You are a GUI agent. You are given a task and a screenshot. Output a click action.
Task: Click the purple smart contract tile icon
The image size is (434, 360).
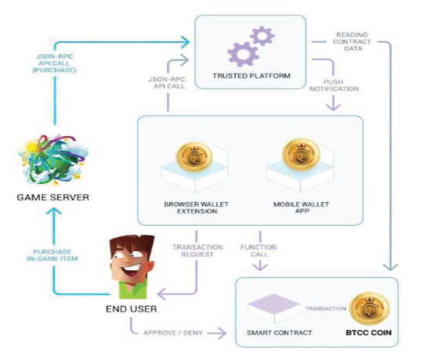click(274, 307)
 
